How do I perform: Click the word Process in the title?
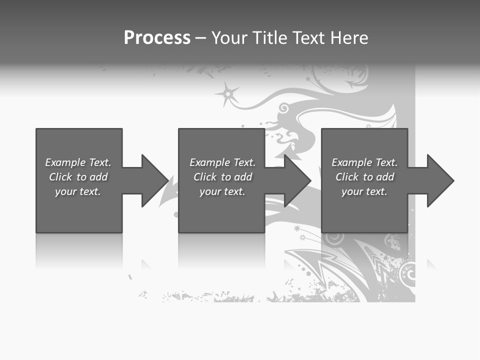tap(157, 38)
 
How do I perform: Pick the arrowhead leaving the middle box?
tap(297, 180)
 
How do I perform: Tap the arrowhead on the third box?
tap(439, 180)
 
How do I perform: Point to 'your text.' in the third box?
tap(364, 191)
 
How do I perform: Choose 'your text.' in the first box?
tap(78, 191)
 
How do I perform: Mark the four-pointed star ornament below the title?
tap(227, 93)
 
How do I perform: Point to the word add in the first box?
tap(99, 177)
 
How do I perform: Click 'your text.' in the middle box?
tap(222, 191)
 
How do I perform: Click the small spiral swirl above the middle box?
tap(283, 107)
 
